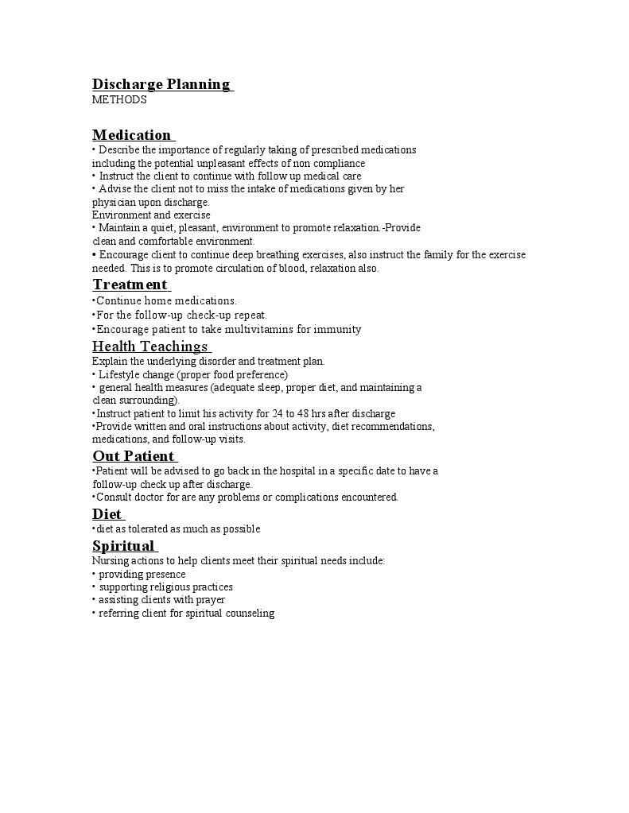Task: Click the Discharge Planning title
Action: [x=161, y=84]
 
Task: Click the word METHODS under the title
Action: [x=119, y=100]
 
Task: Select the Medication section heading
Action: [x=132, y=134]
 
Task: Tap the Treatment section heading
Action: [x=130, y=285]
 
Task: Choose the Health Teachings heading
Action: [x=150, y=346]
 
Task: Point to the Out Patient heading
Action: [x=134, y=455]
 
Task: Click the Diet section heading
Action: [x=107, y=513]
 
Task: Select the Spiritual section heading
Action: [x=123, y=545]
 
